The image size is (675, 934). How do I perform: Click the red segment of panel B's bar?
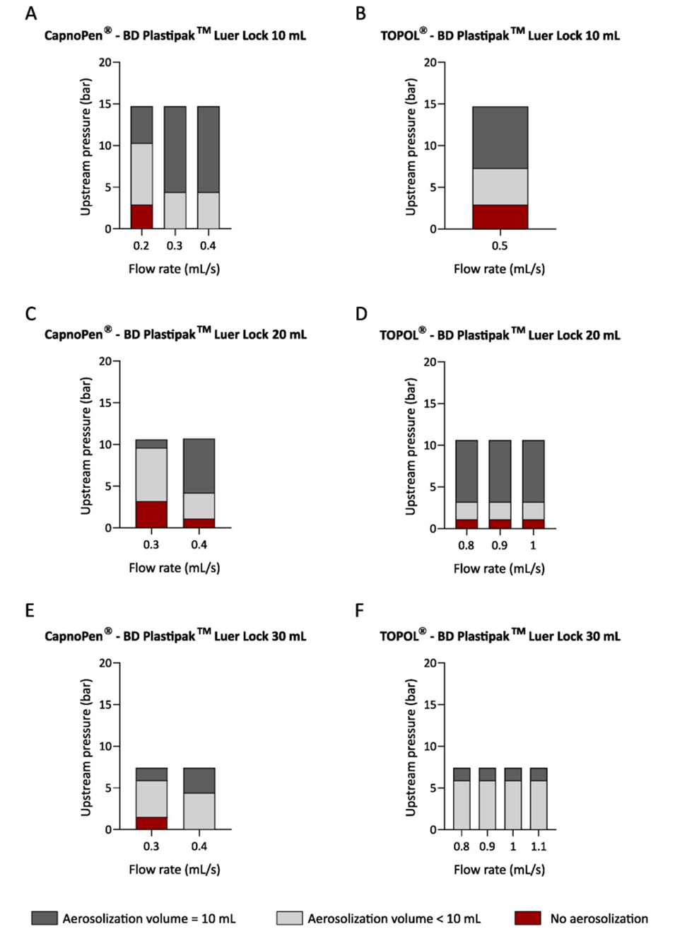(x=500, y=217)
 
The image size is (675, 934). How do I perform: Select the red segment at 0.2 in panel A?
(x=141, y=217)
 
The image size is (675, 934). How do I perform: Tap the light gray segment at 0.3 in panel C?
(x=151, y=474)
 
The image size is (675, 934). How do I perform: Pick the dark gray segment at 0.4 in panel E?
(x=199, y=781)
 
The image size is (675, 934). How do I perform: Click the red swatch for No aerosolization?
(x=527, y=918)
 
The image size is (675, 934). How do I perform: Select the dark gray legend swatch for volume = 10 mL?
(x=45, y=918)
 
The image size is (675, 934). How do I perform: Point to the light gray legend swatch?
(x=289, y=918)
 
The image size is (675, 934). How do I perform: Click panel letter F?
(x=359, y=610)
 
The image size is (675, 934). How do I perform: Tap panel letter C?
(x=30, y=314)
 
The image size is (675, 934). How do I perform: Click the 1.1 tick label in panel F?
(x=539, y=846)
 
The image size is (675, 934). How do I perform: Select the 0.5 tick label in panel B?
(x=500, y=246)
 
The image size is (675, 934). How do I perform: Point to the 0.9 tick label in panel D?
(x=500, y=546)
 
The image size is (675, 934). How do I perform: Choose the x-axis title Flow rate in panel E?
(x=174, y=870)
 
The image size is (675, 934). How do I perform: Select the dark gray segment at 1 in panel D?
(x=533, y=471)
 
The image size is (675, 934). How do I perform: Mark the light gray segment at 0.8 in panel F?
(x=462, y=805)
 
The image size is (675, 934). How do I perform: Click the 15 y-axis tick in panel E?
(x=105, y=705)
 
